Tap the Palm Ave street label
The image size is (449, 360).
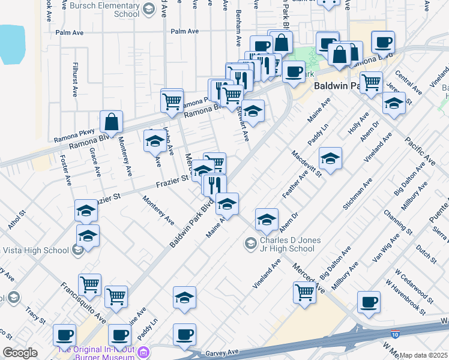[184, 31]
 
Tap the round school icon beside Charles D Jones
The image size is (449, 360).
[251, 243]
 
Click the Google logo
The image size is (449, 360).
[20, 353]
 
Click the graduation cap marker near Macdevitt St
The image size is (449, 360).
[330, 160]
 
